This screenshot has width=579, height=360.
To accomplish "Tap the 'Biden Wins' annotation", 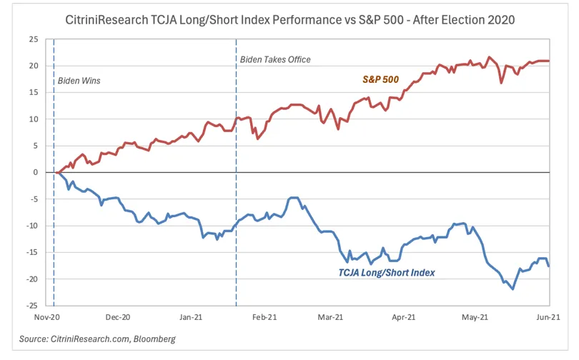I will click(x=79, y=81).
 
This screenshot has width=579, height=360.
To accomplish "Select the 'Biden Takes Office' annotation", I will click(x=275, y=59).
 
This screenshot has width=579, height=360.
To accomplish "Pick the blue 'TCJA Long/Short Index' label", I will click(x=387, y=272).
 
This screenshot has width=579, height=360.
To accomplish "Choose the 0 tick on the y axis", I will click(x=36, y=172).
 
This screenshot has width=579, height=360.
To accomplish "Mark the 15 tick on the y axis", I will click(x=33, y=92).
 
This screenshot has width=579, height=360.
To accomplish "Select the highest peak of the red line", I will click(x=490, y=57).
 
